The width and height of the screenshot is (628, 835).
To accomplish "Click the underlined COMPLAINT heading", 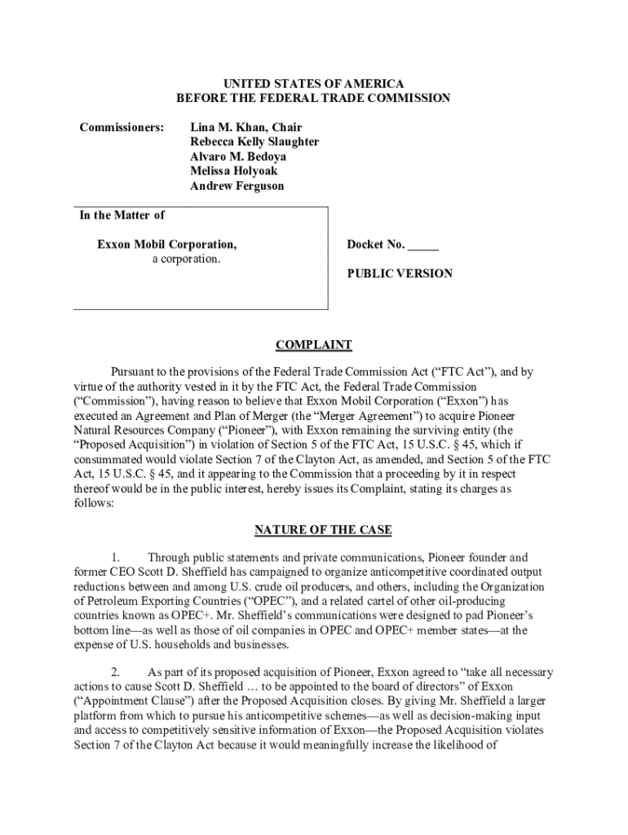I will coord(313,345).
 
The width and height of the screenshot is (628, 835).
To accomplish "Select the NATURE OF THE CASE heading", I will coord(323,530).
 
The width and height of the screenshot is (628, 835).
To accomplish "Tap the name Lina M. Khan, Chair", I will coord(245,127).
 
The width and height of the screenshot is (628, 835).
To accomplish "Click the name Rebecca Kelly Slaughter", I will coord(254,142).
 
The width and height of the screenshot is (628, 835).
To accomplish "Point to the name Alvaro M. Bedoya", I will coord(238,157).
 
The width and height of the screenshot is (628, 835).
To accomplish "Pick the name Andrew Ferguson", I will coord(237,186).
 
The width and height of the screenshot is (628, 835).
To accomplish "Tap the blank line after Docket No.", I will coord(423,245).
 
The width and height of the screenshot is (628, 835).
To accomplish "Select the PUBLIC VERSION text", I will coord(400,274).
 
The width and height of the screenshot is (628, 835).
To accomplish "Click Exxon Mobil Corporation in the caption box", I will coord(167,245).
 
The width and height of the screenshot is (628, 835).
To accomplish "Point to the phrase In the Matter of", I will coord(122,215).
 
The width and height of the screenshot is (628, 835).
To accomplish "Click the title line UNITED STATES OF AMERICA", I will coord(313,84).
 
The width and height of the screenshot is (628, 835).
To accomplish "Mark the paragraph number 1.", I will coord(116,558).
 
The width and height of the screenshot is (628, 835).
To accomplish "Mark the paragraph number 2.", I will coord(116,673).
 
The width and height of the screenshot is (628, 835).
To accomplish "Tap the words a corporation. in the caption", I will coord(186,259).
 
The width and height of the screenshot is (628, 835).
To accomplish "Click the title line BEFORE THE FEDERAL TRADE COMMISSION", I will coord(313,99).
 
